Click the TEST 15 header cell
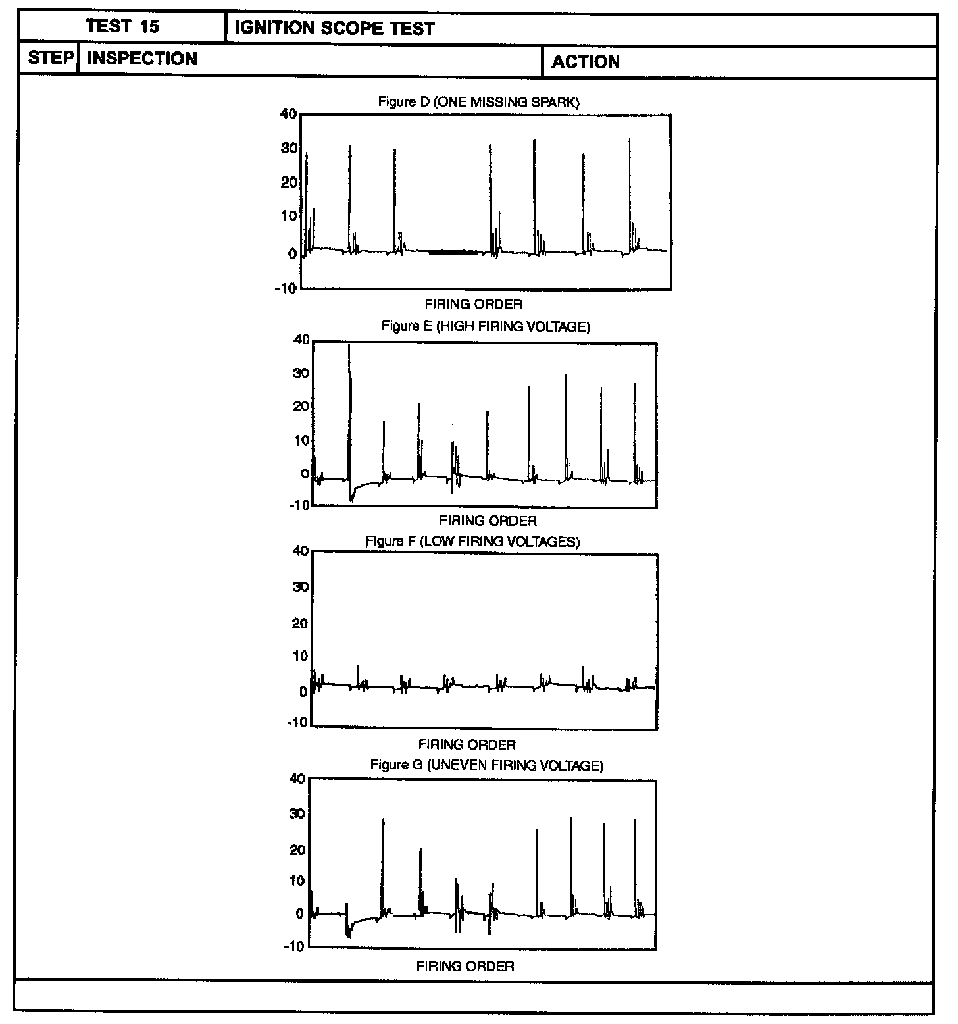point(122,27)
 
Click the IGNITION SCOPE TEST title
point(334,29)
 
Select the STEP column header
point(50,58)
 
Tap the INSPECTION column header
point(142,59)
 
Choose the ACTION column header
point(586,63)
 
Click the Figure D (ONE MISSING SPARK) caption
point(478,102)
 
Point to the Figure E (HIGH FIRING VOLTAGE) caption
point(486,326)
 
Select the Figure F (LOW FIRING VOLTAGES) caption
point(472,542)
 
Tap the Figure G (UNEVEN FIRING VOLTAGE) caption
point(486,765)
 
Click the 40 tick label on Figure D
point(288,114)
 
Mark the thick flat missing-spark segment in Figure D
point(453,252)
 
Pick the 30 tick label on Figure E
point(301,373)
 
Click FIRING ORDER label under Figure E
point(488,521)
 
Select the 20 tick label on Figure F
point(300,623)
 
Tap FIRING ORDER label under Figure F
point(466,745)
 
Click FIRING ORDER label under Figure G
point(465,967)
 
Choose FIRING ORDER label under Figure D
point(473,305)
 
